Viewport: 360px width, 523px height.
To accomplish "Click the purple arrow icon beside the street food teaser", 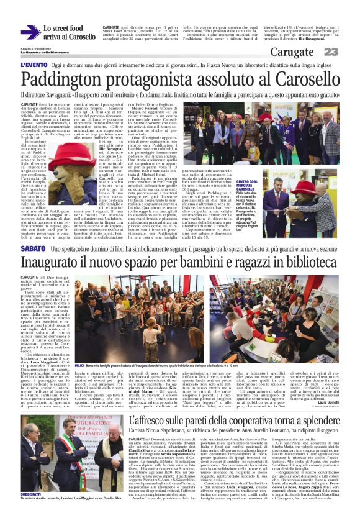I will [30, 32].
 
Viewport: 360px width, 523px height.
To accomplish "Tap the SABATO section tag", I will [32, 248].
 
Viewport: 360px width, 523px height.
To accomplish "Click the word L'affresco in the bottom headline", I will [151, 437].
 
